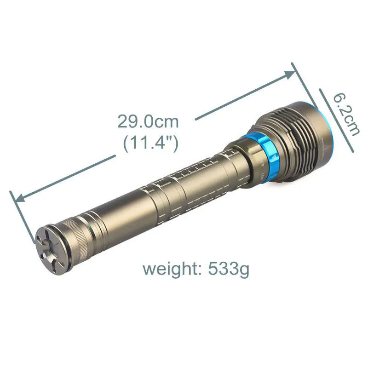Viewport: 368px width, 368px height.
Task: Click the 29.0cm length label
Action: [x=148, y=122]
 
